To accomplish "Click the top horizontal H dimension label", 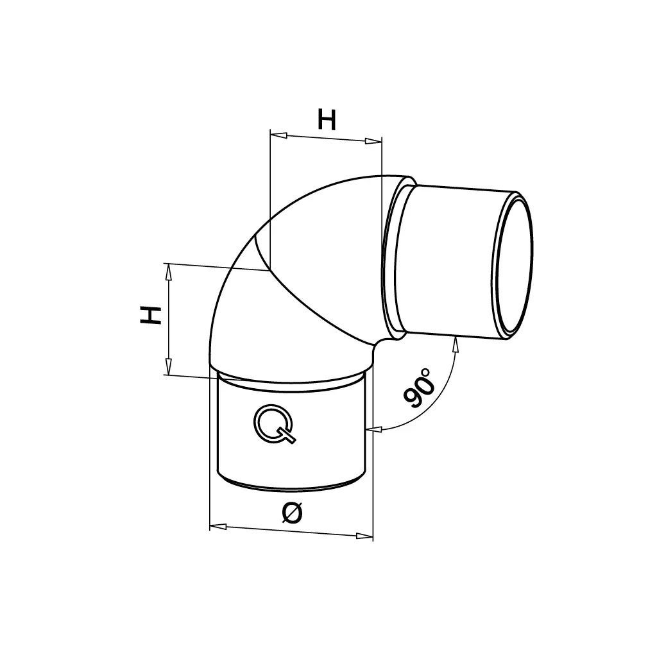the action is pyautogui.click(x=327, y=119).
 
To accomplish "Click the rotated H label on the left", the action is pyautogui.click(x=151, y=315).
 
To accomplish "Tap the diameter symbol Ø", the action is pyautogui.click(x=292, y=513).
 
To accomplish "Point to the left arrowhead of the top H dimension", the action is pyautogui.click(x=278, y=135).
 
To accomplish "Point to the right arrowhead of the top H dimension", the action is pyautogui.click(x=373, y=141).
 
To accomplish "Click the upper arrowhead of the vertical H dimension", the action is pyautogui.click(x=169, y=272).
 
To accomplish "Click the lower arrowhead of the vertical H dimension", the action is pyautogui.click(x=169, y=366).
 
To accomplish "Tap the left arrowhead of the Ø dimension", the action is pyautogui.click(x=218, y=526).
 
